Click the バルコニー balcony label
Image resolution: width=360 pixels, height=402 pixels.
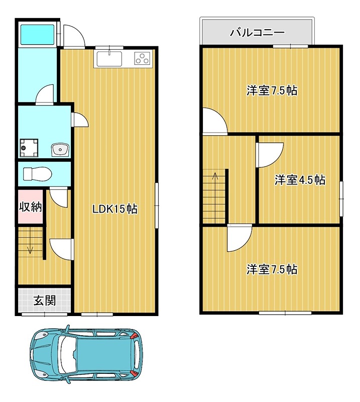pyautogui.click(x=258, y=33)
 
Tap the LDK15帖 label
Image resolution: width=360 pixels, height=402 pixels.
pyautogui.click(x=115, y=209)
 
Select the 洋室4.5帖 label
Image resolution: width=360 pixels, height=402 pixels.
pyautogui.click(x=300, y=180)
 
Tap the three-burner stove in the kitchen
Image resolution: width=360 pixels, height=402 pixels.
pyautogui.click(x=143, y=59)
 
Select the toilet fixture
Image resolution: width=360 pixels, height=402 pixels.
pyautogui.click(x=38, y=174)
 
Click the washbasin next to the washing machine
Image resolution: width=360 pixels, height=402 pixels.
pyautogui.click(x=60, y=149)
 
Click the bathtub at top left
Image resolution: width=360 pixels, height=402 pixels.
pyautogui.click(x=37, y=34)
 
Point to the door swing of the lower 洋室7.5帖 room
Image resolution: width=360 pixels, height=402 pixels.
pyautogui.click(x=237, y=239)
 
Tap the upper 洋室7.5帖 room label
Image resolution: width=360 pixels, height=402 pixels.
pyautogui.click(x=271, y=91)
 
